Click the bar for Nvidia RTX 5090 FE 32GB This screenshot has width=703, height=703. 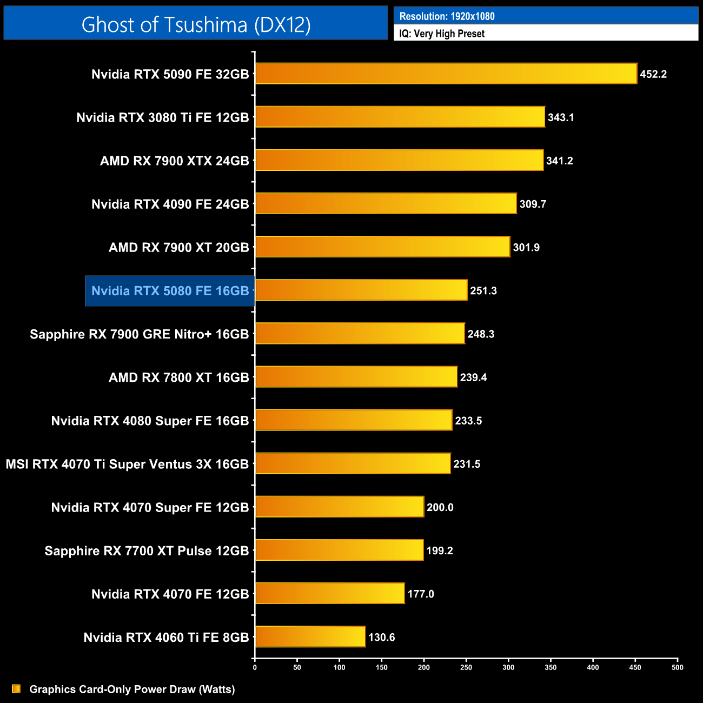point(446,74)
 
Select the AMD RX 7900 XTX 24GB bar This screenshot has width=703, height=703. point(399,160)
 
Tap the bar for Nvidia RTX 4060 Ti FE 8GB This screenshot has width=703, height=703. point(310,636)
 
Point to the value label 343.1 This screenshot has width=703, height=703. point(561,117)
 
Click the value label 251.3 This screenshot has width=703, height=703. point(483,291)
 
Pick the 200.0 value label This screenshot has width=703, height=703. point(440,507)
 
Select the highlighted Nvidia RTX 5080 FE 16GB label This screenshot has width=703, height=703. point(170,291)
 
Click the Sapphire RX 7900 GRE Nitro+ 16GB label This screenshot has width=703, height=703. point(140,334)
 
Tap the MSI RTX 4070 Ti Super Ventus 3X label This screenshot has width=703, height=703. point(127,464)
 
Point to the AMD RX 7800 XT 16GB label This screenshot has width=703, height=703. point(179,377)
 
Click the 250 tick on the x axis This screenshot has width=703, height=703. point(466,667)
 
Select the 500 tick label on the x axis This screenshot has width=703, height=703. point(677,667)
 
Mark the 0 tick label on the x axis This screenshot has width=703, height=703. point(255,667)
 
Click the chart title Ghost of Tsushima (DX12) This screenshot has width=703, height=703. point(196,24)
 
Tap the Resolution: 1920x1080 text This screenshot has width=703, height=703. point(447,16)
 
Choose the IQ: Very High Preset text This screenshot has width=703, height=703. point(442,34)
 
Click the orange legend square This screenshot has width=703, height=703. point(16,688)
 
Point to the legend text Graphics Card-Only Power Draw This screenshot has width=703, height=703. point(132,689)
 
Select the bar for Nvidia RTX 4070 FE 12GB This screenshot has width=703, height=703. point(330,593)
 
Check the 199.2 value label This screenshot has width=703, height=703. point(440,551)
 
